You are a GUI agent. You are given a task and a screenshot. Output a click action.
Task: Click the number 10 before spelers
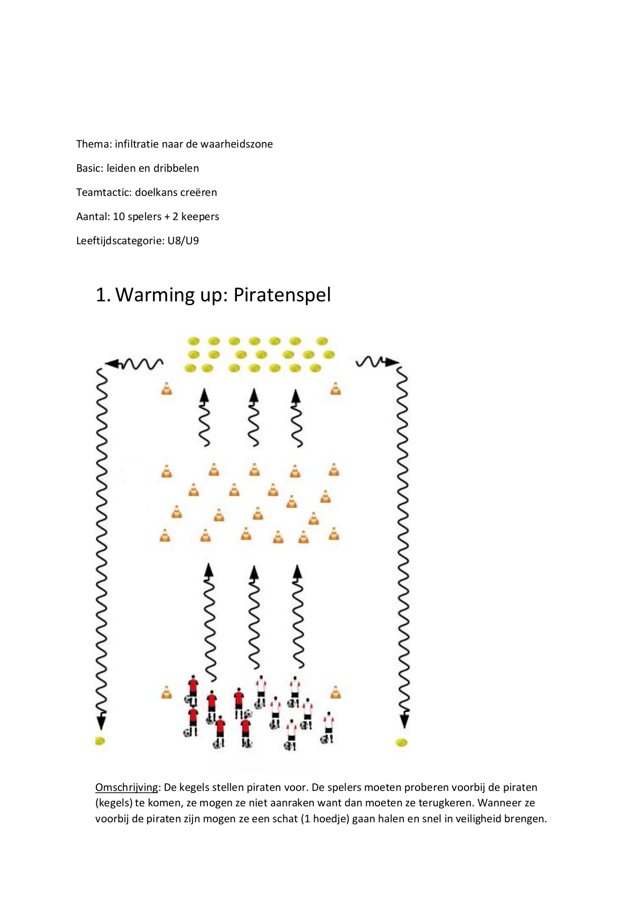(x=119, y=217)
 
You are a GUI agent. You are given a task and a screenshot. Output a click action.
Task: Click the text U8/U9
(x=183, y=241)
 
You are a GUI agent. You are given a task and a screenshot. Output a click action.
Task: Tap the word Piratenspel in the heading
(x=282, y=295)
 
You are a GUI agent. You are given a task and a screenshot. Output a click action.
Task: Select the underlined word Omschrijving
(x=127, y=787)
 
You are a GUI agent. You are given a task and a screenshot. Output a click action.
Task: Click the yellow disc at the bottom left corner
(x=100, y=741)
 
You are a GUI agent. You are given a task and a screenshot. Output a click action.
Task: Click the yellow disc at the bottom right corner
(x=402, y=742)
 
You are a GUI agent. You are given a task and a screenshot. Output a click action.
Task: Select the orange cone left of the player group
(x=166, y=692)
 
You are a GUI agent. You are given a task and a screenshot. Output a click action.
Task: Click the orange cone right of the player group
(x=336, y=692)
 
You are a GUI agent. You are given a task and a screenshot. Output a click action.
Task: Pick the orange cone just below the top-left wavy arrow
(x=166, y=389)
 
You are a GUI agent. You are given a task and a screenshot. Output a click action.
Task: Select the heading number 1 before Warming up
(x=102, y=295)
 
